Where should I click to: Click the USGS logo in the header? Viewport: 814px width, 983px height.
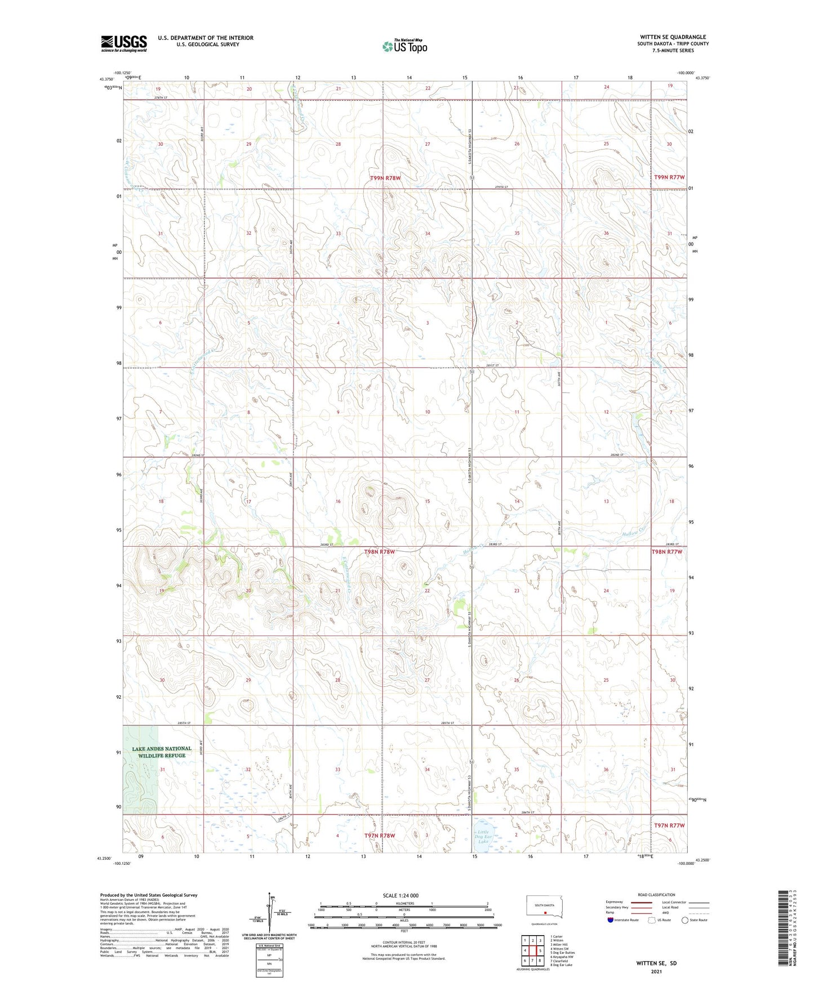124,43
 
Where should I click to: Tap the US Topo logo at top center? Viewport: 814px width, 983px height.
404,46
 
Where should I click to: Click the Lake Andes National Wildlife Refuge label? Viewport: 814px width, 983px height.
162,752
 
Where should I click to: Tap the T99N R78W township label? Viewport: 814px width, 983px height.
385,178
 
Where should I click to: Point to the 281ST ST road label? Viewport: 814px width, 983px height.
493,366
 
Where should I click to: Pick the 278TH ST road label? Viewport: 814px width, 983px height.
162,98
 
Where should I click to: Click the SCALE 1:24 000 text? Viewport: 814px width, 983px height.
401,895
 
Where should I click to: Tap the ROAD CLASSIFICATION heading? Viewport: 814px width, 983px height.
657,895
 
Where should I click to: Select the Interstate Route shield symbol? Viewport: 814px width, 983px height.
611,920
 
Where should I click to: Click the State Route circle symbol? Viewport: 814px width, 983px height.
684,920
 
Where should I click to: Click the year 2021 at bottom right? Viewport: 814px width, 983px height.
656,972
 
